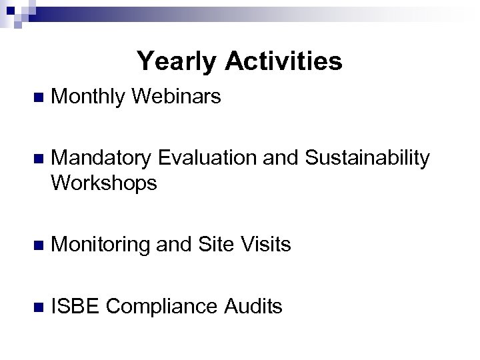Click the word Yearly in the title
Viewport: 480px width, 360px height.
pos(177,62)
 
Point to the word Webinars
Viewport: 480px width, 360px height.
pos(177,97)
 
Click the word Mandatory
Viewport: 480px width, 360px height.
pos(103,159)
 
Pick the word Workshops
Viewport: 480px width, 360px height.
pos(104,182)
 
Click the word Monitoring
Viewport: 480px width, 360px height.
pos(101,245)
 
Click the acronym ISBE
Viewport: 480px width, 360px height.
pos(75,307)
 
